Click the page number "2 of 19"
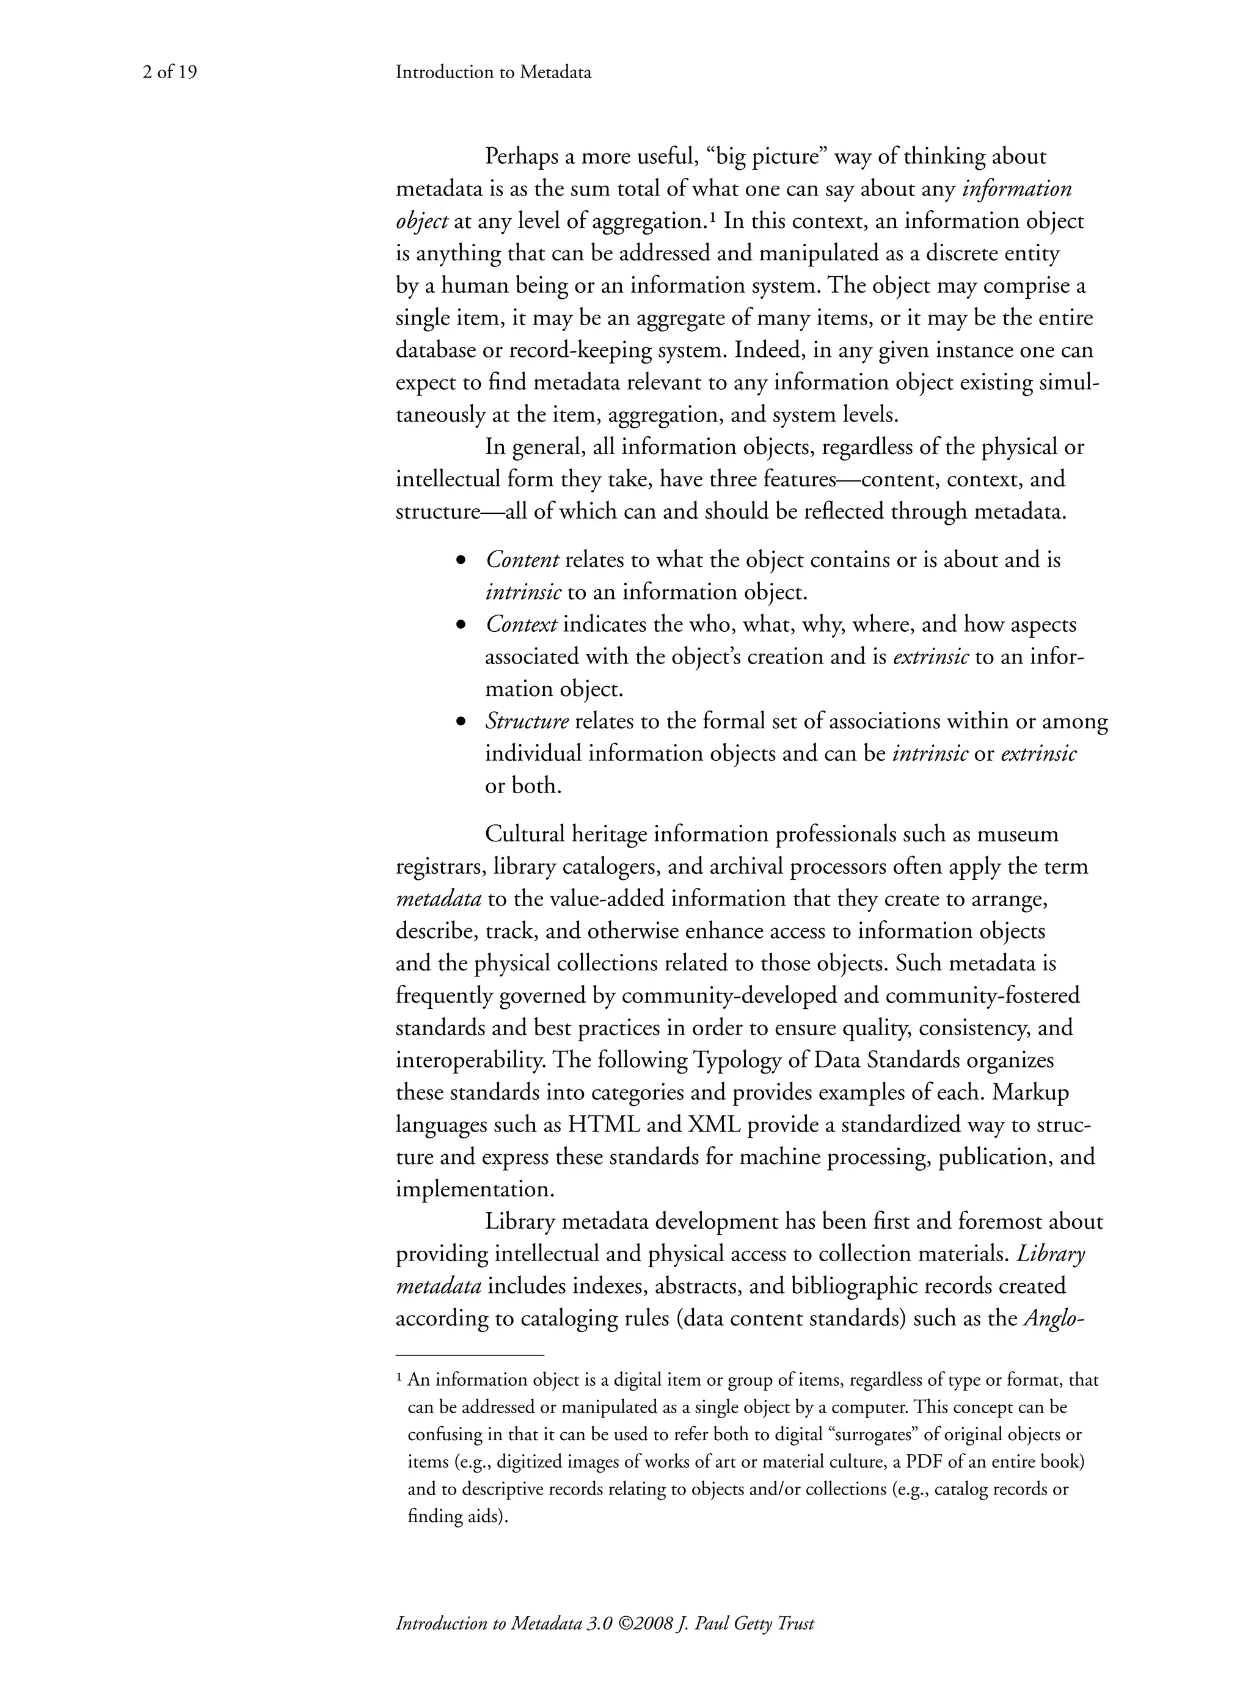tap(170, 73)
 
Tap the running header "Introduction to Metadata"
tap(493, 73)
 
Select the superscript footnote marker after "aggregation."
tap(712, 218)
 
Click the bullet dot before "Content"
tap(461, 561)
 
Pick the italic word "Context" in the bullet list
tap(521, 625)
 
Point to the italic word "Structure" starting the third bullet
tap(527, 721)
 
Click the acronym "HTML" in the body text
tap(605, 1125)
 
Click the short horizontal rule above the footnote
tap(470, 1354)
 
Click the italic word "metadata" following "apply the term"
tap(439, 899)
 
